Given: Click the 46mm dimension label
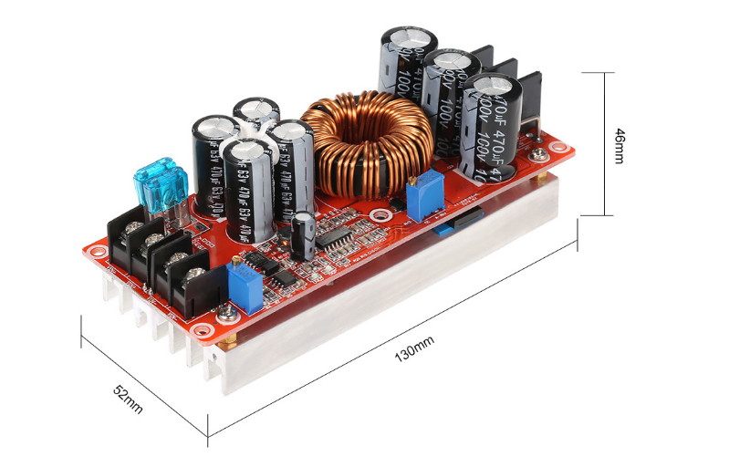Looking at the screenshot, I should tap(620, 145).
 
